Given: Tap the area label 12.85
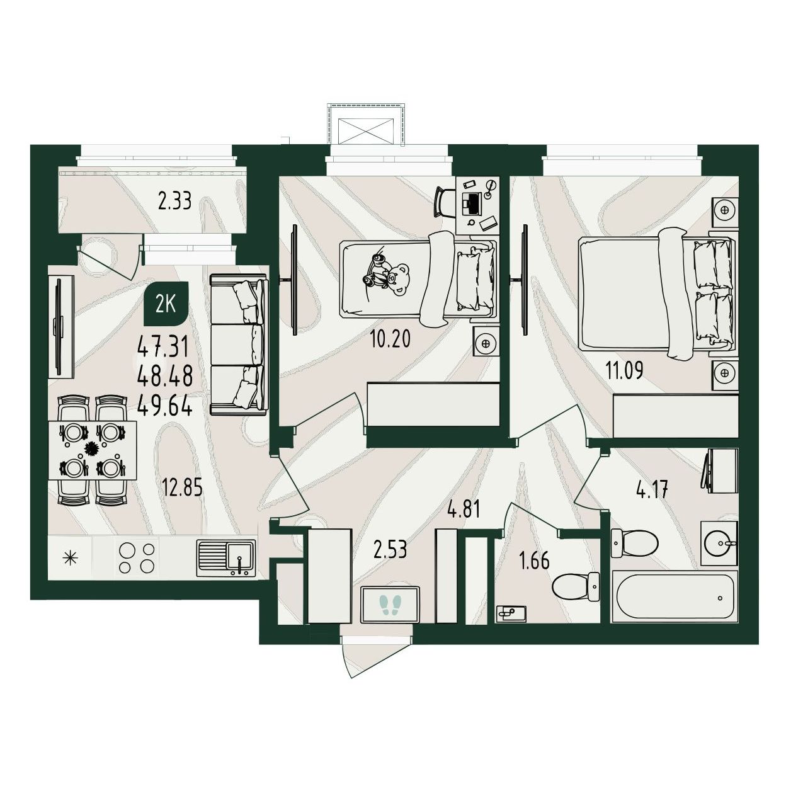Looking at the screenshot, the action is (x=182, y=487).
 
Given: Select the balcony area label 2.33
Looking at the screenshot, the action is (x=175, y=201).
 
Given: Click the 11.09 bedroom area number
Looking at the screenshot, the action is (x=624, y=370).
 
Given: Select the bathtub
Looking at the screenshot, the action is (x=675, y=596).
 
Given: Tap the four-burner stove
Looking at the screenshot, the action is (x=137, y=558).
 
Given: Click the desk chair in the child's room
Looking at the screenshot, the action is (x=445, y=202).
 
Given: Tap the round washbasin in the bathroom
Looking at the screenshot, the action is (x=720, y=544).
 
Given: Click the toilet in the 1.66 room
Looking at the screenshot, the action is (x=575, y=586).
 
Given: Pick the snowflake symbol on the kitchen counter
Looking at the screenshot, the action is (x=70, y=557).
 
